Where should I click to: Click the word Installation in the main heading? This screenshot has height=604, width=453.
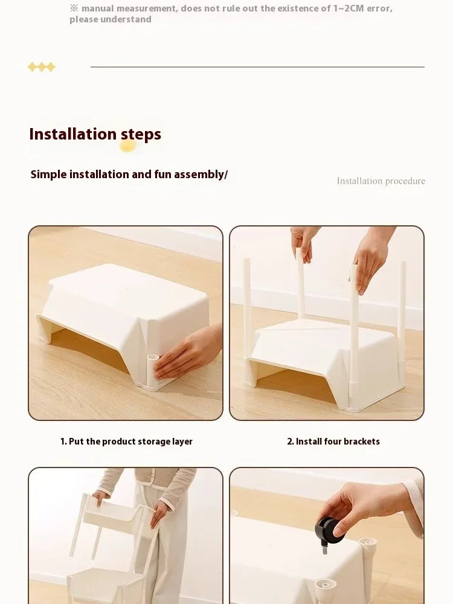(x=73, y=134)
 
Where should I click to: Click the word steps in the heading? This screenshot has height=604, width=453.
(x=141, y=135)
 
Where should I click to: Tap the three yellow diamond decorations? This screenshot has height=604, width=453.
(x=42, y=67)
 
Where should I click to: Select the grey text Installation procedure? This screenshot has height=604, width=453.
(x=381, y=181)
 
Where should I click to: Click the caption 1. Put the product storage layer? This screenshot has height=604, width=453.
(x=126, y=442)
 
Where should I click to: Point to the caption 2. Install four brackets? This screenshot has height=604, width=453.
(x=333, y=442)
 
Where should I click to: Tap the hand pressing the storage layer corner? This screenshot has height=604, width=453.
(x=188, y=352)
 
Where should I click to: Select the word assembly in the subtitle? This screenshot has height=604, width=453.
(x=199, y=175)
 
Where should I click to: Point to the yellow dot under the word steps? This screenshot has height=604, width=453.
(x=128, y=146)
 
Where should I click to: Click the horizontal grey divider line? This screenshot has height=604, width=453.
(x=257, y=67)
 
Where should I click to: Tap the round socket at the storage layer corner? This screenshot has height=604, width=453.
(x=153, y=358)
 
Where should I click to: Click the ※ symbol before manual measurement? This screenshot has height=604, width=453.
(x=74, y=8)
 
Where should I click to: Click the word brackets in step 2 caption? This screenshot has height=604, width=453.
(x=361, y=442)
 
